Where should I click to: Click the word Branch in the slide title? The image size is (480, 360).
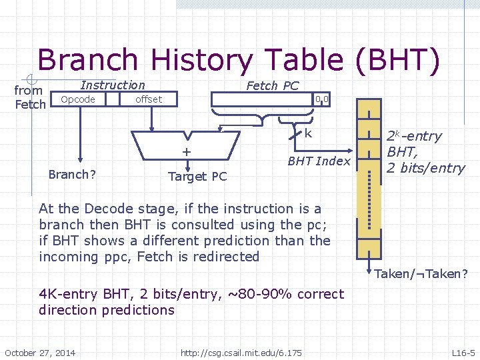[x=91, y=61]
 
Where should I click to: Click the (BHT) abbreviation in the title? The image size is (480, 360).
[x=398, y=61]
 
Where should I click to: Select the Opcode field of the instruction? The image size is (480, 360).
[x=78, y=99]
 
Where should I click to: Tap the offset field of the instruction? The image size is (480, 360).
[x=148, y=99]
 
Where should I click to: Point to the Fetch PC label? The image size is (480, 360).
[x=272, y=85]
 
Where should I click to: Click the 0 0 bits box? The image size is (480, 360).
[x=322, y=99]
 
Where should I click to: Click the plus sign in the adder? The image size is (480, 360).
[x=187, y=152]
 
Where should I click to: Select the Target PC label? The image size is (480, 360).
[x=197, y=176]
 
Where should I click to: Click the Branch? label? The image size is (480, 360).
[x=72, y=175]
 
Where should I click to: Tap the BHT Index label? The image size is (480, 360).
[x=319, y=161]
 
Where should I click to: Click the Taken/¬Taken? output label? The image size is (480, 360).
[x=421, y=273]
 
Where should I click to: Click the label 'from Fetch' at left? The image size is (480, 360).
[x=29, y=97]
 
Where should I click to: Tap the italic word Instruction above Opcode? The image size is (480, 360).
[x=112, y=85]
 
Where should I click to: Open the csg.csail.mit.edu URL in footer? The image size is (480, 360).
[x=241, y=352]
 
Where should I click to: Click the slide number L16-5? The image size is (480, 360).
[x=463, y=352]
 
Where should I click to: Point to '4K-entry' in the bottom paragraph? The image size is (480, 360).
[x=67, y=294]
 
